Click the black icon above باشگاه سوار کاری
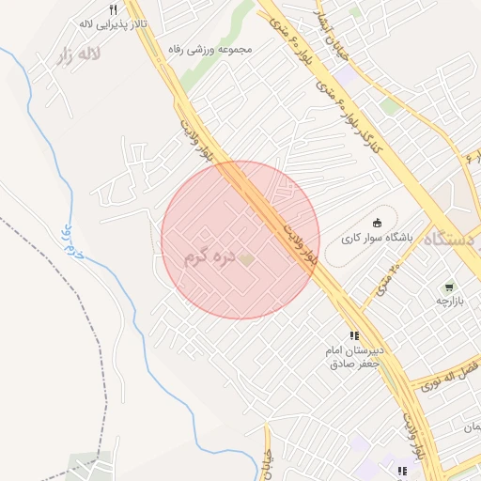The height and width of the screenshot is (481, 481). click(378, 223)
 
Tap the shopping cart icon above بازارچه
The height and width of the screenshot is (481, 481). click(449, 287)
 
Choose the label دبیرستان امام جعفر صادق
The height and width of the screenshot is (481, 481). click(355, 357)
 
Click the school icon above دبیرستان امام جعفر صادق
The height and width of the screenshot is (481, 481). click(354, 335)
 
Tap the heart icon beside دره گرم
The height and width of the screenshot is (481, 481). click(246, 257)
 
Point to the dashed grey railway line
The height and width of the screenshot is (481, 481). click(94, 319)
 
